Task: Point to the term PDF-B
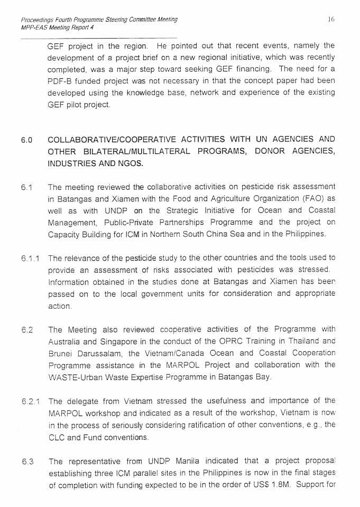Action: (61, 81)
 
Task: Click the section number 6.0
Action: (27, 141)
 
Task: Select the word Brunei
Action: (60, 353)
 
